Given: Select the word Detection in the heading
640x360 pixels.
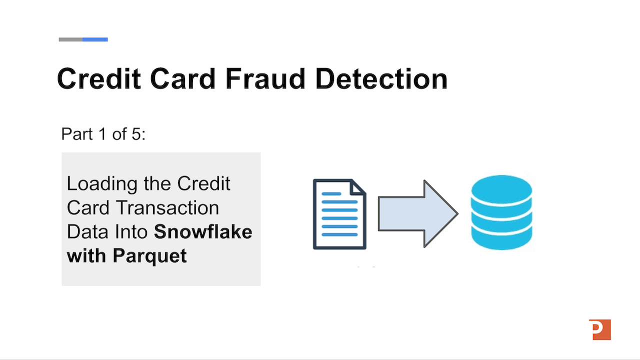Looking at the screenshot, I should (x=381, y=78).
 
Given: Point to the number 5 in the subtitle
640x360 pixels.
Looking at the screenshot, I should (x=136, y=134).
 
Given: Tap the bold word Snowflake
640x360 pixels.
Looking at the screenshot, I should (x=203, y=231).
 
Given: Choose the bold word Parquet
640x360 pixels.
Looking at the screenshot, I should (x=149, y=255).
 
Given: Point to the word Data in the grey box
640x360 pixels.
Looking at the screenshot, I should (x=83, y=231).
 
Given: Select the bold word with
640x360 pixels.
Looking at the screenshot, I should (x=86, y=255).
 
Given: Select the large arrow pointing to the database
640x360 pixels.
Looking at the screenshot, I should (x=417, y=213).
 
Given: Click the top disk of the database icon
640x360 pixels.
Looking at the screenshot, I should (x=501, y=187).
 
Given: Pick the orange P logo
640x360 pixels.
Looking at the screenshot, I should (x=600, y=329).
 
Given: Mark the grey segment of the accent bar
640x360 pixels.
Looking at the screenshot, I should (x=70, y=39).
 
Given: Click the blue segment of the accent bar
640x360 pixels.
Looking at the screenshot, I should (x=95, y=39).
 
